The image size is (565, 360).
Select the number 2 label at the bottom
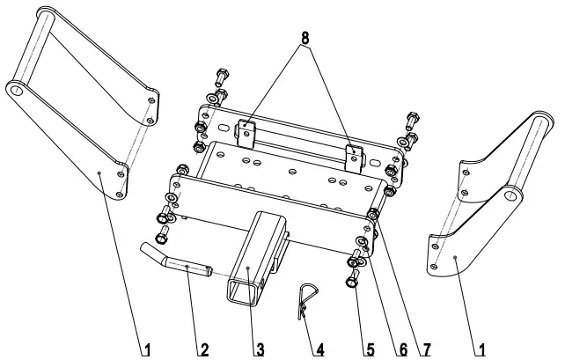[x=203, y=349]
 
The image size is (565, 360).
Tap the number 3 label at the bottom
[x=260, y=349]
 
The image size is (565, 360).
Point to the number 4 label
[x=319, y=349]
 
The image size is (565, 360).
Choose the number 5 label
[x=371, y=349]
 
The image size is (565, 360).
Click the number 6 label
[x=402, y=349]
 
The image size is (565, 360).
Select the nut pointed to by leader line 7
[x=374, y=214]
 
